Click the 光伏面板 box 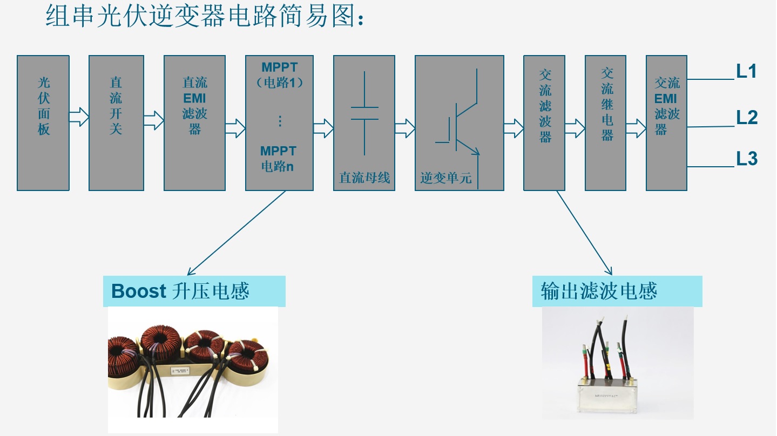click(43, 122)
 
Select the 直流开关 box click(116, 122)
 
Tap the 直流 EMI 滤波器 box click(194, 122)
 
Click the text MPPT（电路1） click(279, 75)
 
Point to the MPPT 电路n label click(278, 159)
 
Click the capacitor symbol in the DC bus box click(364, 113)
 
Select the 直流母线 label click(364, 178)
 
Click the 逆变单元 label click(446, 178)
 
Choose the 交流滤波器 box click(544, 122)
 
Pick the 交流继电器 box click(605, 122)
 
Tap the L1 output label click(746, 72)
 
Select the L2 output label click(747, 117)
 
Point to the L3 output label click(747, 159)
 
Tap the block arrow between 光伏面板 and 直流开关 click(79, 117)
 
